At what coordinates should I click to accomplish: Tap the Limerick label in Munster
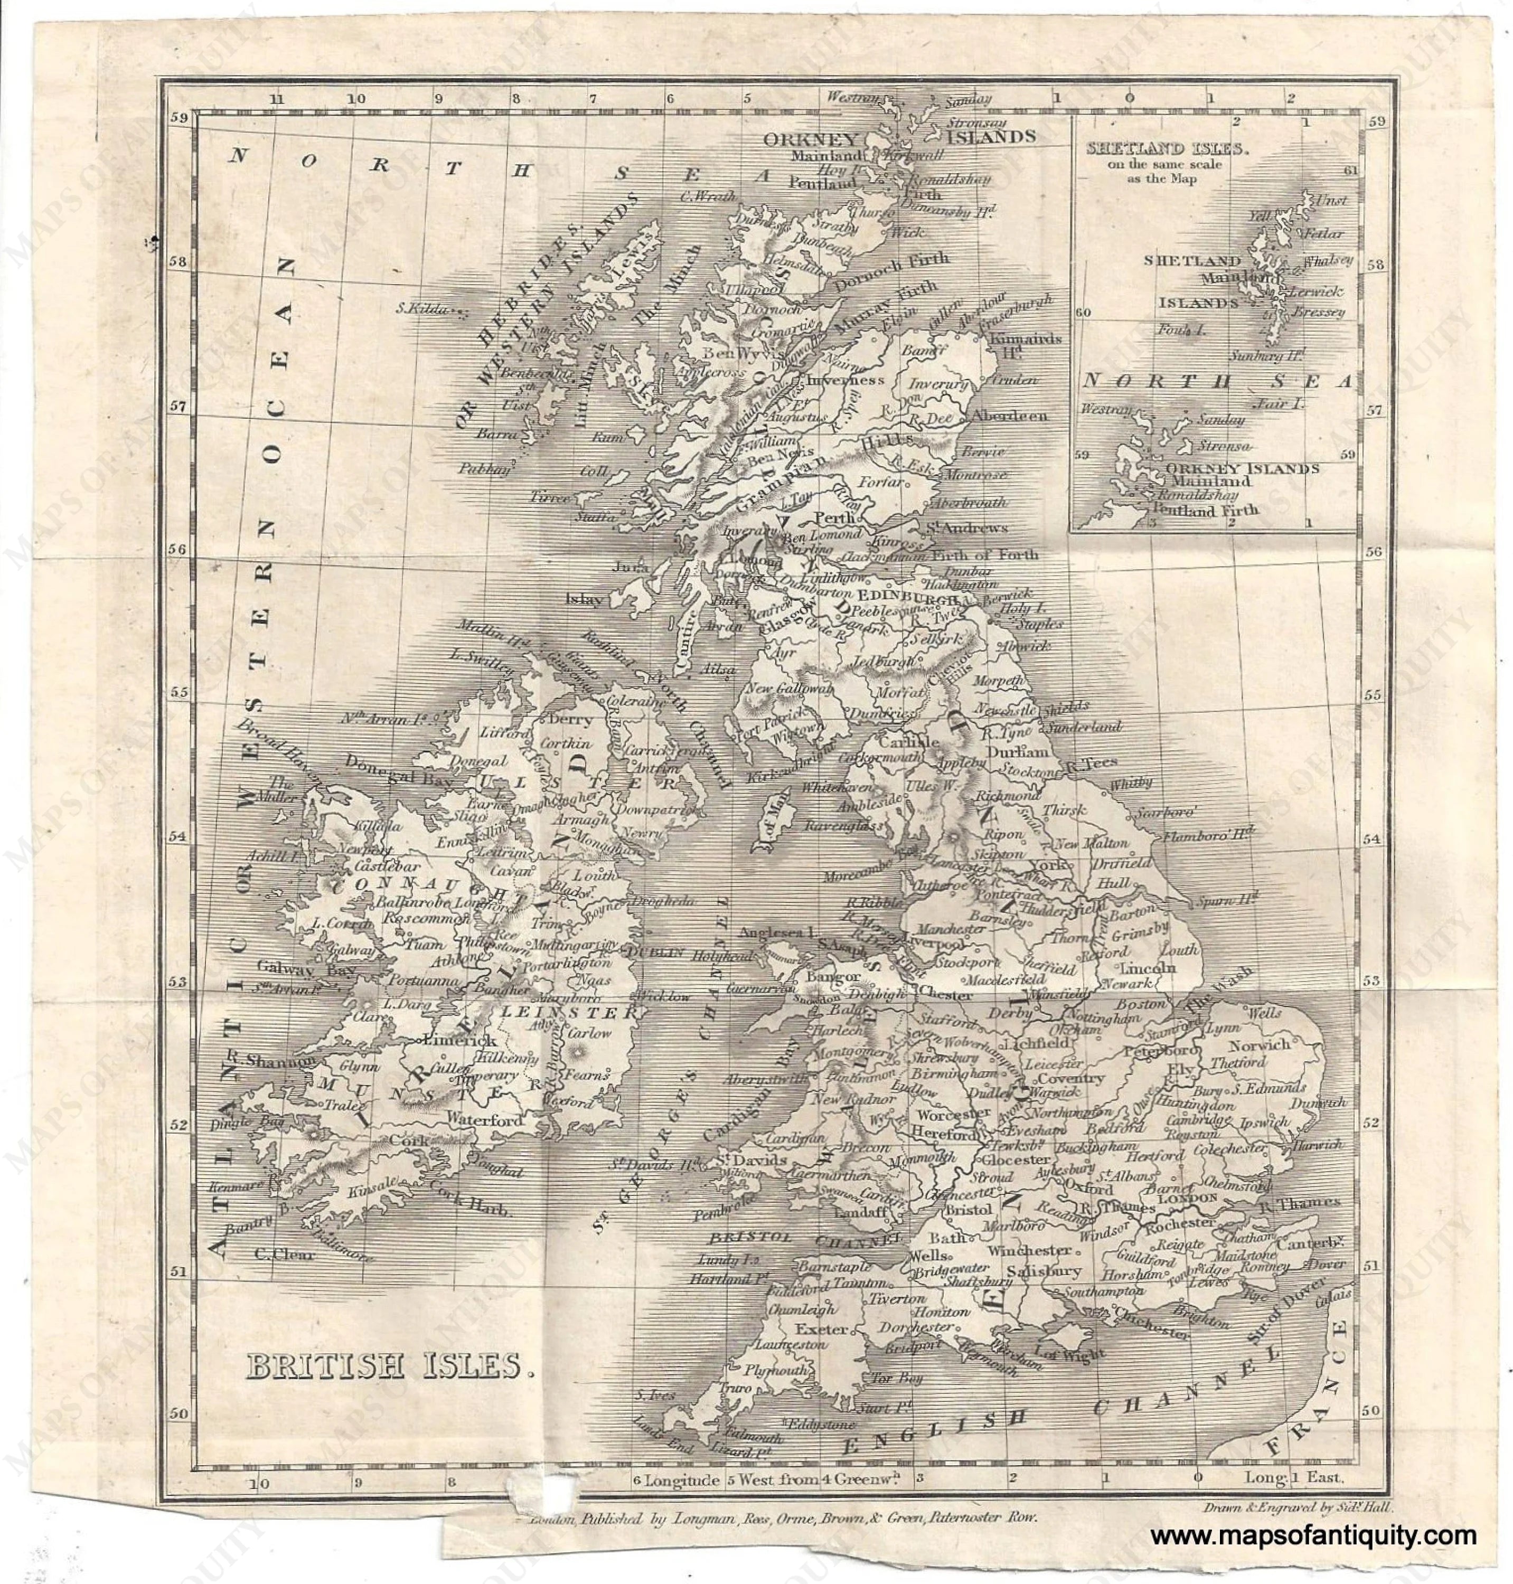pos(456,1039)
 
